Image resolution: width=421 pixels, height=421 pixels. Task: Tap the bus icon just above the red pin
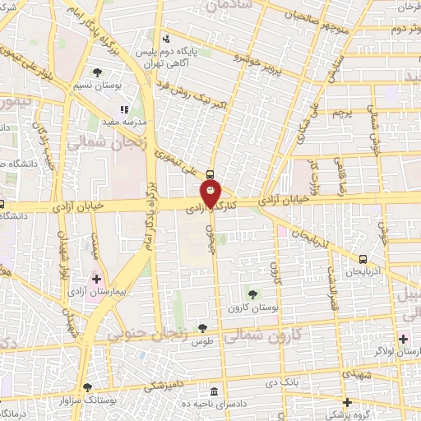coord(210,174)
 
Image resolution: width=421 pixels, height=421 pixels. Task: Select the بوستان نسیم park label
coord(99,86)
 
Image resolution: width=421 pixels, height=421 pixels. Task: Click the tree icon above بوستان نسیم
coord(99,73)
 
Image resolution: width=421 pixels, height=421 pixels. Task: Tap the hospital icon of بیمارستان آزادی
coord(97,280)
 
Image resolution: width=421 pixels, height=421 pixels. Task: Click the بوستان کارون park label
coord(252,307)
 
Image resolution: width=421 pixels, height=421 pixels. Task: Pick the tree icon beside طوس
coord(202,329)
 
